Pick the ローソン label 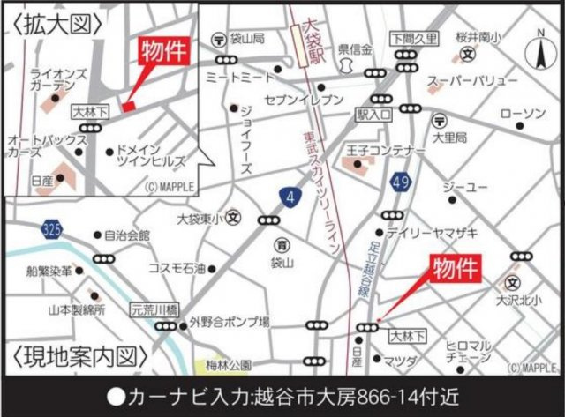[523, 115]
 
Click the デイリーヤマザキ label [444, 231]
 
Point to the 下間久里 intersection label [413, 40]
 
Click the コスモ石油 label [177, 267]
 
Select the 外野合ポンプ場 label [229, 324]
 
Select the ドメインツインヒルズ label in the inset [151, 157]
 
